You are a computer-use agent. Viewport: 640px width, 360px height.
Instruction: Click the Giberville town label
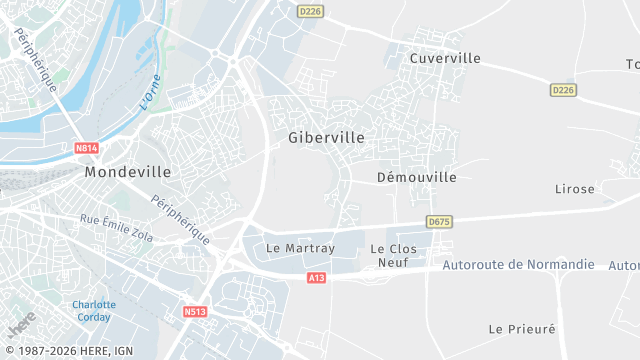tap(326, 137)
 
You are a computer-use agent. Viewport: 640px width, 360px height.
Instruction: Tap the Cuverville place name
tap(445, 58)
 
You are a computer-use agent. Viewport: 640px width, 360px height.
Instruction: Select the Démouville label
tap(417, 177)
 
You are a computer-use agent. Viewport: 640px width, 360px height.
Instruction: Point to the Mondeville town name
tap(128, 172)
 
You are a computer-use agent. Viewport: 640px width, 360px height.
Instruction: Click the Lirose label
tap(575, 189)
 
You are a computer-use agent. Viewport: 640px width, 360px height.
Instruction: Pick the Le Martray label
tap(300, 247)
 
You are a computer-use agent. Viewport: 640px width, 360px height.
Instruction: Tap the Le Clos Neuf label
tap(392, 255)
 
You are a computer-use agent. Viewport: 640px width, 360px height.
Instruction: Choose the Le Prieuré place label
tap(521, 328)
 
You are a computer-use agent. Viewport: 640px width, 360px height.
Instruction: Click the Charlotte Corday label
tap(94, 310)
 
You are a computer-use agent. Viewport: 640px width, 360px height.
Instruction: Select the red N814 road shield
tap(87, 149)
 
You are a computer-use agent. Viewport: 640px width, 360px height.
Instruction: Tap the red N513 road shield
tap(195, 312)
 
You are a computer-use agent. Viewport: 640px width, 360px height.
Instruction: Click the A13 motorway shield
tap(317, 277)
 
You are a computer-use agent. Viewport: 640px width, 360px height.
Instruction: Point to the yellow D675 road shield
tap(438, 221)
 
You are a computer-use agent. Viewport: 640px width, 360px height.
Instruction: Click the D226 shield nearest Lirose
tap(564, 90)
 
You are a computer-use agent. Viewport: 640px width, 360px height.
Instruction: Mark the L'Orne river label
tap(150, 92)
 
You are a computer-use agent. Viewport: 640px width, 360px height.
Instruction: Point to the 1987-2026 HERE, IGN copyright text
tap(67, 351)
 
